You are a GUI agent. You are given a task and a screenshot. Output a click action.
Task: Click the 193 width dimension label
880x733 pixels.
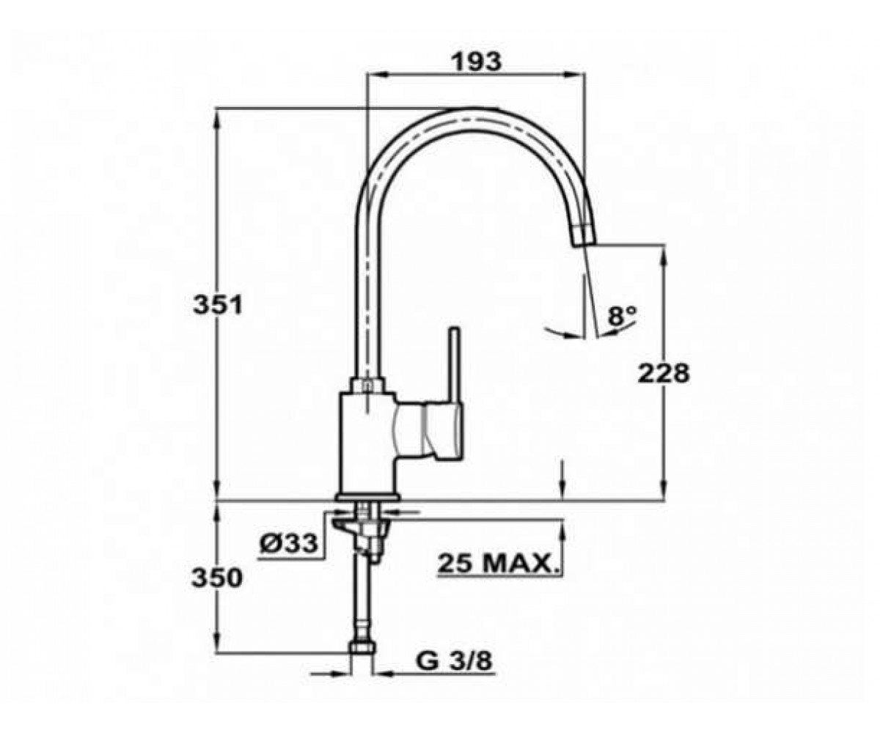point(477,62)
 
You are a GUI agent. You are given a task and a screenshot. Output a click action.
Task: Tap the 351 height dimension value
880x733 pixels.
point(218,304)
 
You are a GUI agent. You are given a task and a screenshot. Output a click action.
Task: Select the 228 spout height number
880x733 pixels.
point(664,373)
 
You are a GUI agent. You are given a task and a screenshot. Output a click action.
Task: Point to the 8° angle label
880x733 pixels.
point(622,315)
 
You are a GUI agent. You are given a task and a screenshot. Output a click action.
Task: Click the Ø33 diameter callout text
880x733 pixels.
point(289,543)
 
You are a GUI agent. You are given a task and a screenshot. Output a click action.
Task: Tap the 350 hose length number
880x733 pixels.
point(217,578)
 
